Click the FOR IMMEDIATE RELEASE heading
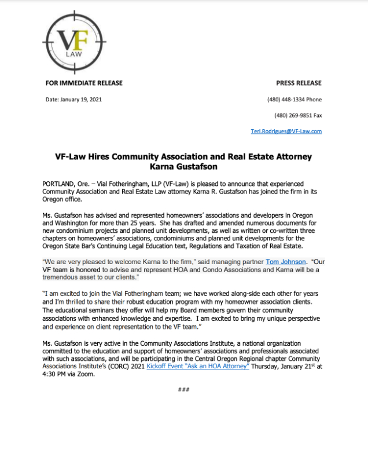tap(84, 83)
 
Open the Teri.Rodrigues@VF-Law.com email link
tap(286, 131)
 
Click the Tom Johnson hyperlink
tap(285, 261)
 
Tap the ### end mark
tap(183, 389)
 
